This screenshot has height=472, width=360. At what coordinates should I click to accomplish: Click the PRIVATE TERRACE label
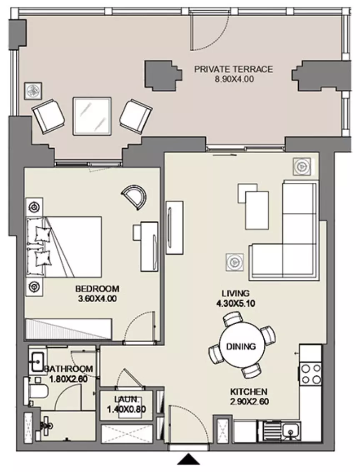[x=233, y=69]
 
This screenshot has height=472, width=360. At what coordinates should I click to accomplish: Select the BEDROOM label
[x=97, y=289]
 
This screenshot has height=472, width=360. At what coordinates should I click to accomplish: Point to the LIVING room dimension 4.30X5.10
[x=235, y=303]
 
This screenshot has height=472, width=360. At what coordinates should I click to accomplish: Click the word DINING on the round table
[x=241, y=346]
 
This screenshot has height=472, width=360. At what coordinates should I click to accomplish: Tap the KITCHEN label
[x=249, y=392]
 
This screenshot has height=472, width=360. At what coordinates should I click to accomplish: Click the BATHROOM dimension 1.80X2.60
[x=68, y=379]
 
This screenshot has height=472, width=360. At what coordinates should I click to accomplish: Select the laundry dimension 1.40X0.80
[x=127, y=410]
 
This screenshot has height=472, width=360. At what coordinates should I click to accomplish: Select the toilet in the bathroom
[x=36, y=391]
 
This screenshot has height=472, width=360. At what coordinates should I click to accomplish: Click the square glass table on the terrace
[x=92, y=116]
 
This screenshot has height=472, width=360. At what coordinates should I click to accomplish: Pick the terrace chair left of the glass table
[x=48, y=116]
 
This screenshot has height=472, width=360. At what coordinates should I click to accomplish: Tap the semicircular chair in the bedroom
[x=134, y=197]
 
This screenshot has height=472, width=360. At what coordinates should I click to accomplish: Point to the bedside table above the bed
[x=34, y=207]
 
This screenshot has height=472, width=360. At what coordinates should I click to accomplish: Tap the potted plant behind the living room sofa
[x=301, y=166]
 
